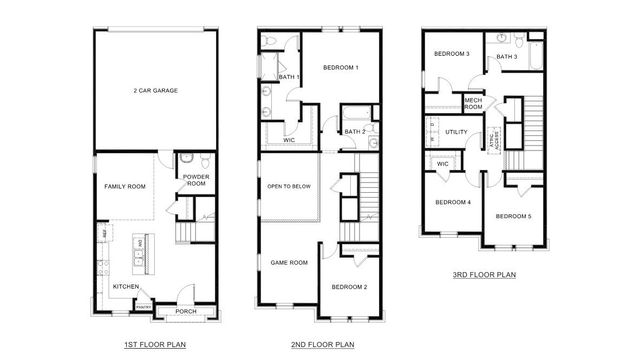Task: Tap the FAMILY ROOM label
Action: coord(126,187)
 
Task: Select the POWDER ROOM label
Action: coord(196,180)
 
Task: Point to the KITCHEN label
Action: coord(127,287)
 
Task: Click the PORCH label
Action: coord(186,311)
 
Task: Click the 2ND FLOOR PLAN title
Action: coord(323,345)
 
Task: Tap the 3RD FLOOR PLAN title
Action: coord(484,272)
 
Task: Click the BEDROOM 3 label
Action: coord(451,54)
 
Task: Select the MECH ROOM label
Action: coord(474,103)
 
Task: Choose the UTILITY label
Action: coord(457,131)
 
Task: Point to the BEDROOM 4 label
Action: coord(453,202)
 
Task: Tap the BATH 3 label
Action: coord(507,57)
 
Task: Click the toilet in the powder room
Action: coord(204,161)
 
